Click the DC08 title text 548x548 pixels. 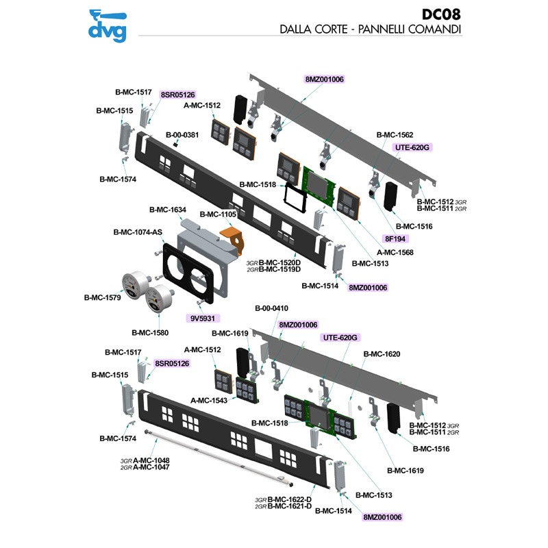441,14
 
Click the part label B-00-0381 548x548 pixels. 182,135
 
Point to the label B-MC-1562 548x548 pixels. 395,135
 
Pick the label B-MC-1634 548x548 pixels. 167,209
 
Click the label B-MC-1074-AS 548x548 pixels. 137,232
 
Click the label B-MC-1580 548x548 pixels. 149,332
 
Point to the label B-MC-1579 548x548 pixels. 102,297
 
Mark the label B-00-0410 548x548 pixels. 271,308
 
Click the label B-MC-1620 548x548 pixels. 382,354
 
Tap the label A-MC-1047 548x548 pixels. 151,466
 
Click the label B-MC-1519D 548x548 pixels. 280,269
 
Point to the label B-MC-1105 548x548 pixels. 218,214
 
